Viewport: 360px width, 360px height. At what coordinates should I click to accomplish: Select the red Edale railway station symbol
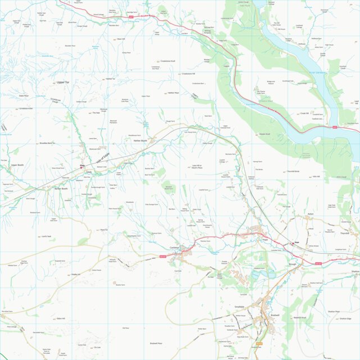[82, 166]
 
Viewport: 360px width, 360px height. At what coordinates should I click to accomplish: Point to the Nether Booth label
[140, 140]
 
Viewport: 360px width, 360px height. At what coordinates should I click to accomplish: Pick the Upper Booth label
[17, 165]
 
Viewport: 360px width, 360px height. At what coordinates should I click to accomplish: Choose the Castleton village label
[174, 248]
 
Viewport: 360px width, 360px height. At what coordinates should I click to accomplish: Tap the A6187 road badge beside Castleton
[163, 257]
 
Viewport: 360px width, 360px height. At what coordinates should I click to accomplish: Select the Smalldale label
[241, 307]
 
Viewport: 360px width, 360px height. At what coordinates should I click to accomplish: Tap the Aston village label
[309, 214]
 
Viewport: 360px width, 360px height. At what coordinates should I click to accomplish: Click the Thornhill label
[344, 234]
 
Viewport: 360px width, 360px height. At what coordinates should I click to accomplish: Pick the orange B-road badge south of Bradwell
[259, 343]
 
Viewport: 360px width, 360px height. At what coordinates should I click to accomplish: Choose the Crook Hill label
[320, 112]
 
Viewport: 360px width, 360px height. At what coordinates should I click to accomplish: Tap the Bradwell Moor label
[156, 343]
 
